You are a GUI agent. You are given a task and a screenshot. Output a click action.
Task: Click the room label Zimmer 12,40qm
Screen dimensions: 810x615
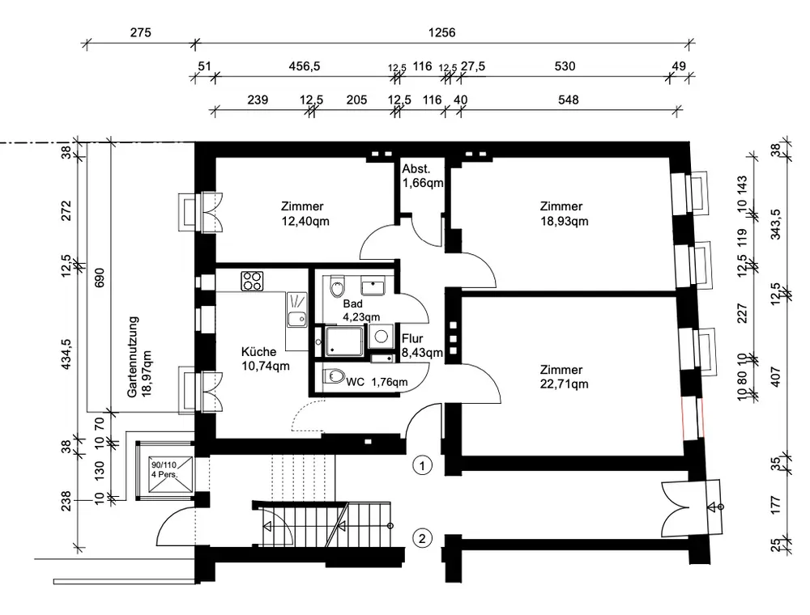coord(305,214)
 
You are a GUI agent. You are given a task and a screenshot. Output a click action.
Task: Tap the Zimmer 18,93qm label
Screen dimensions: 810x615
coord(564,214)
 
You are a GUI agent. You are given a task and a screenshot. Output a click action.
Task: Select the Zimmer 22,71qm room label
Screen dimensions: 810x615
coord(564,376)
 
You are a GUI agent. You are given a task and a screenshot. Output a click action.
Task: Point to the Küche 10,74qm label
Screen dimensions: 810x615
coord(265,358)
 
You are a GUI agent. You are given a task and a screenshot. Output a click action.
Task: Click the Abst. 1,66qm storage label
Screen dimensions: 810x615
coord(423,176)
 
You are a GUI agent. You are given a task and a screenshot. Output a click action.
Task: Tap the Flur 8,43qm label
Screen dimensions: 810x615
coord(422,346)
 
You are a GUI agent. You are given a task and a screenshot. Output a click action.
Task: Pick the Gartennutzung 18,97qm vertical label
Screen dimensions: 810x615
coord(139,357)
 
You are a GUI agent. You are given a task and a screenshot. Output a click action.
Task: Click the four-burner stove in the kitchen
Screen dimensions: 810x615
coord(252,281)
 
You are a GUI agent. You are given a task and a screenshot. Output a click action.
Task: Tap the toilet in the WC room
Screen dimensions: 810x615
coord(335,376)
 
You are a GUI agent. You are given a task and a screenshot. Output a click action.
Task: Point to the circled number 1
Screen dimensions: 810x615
coord(422,466)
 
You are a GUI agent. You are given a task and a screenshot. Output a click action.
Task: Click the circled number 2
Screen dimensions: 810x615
coord(422,539)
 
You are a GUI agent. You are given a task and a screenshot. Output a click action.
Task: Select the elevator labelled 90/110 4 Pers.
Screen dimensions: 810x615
coord(164,470)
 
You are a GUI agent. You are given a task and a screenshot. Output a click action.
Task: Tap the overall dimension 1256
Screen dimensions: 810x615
coord(441,33)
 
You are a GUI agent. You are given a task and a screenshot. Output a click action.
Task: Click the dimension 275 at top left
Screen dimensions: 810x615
coord(140,33)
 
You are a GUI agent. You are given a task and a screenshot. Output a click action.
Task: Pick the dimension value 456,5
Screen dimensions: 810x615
coord(305,66)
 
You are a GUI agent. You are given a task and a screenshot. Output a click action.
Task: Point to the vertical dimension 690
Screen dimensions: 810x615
coord(100,278)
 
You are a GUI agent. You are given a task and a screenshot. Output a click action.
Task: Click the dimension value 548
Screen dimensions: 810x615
coord(569,100)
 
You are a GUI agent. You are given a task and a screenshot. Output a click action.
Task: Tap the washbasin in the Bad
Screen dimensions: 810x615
coord(373,286)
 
